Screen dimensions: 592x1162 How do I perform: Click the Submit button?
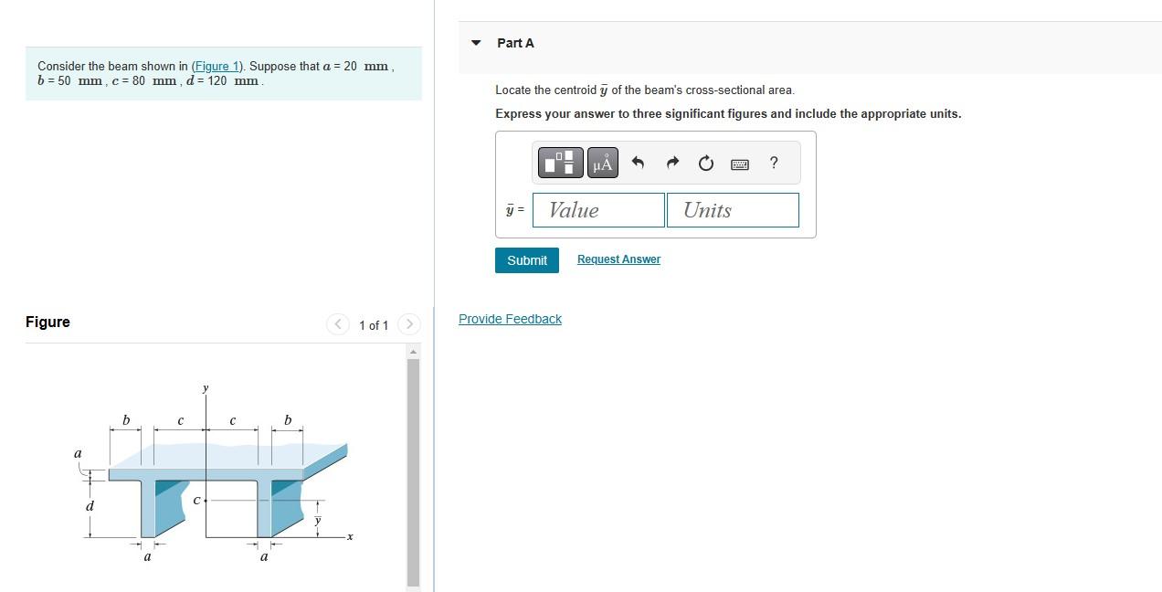[527, 260]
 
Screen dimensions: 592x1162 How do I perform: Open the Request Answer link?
[618, 259]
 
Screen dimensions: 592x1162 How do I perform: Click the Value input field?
[598, 210]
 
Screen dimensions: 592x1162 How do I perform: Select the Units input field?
[733, 210]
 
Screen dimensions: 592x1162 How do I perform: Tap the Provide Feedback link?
[510, 319]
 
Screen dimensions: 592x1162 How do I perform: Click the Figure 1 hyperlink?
[217, 66]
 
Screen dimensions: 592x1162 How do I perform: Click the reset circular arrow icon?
[705, 164]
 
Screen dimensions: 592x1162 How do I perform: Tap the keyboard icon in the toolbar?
[740, 164]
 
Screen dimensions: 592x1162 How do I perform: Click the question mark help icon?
[774, 163]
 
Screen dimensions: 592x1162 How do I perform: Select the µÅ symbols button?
[602, 163]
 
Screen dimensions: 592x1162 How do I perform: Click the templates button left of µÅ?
[560, 163]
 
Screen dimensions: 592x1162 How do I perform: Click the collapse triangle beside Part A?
[475, 43]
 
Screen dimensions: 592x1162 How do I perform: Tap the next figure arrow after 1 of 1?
[409, 324]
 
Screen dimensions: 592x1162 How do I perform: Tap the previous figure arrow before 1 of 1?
[338, 324]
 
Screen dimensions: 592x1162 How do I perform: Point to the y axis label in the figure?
[206, 388]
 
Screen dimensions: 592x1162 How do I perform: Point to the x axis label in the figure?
[350, 536]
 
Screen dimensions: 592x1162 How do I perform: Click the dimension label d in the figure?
[90, 506]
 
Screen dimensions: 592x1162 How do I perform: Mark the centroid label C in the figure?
[195, 501]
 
